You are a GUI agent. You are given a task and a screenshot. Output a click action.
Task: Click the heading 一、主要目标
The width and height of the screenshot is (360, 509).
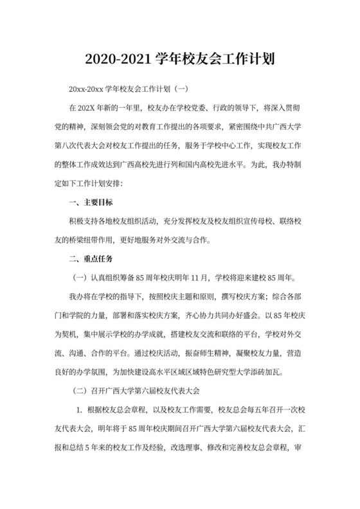click(x=91, y=202)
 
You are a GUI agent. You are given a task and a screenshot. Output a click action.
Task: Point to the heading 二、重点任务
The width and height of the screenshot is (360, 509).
click(x=91, y=259)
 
